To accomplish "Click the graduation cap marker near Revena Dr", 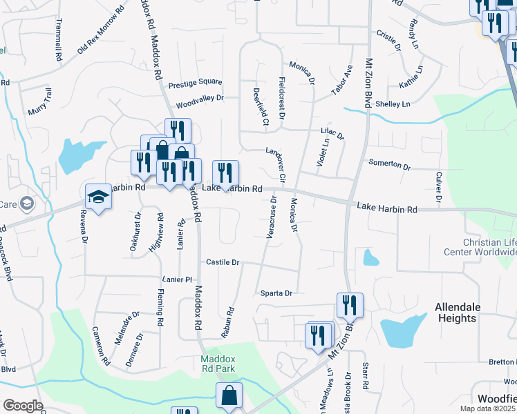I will pos(98,197).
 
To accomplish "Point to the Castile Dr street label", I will pos(223,262).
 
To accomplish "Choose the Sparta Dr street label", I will pos(277,293).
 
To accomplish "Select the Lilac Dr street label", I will pos(332,131).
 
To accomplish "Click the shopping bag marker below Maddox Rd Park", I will pos(229,396).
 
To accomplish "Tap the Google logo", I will pos(23,405).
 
